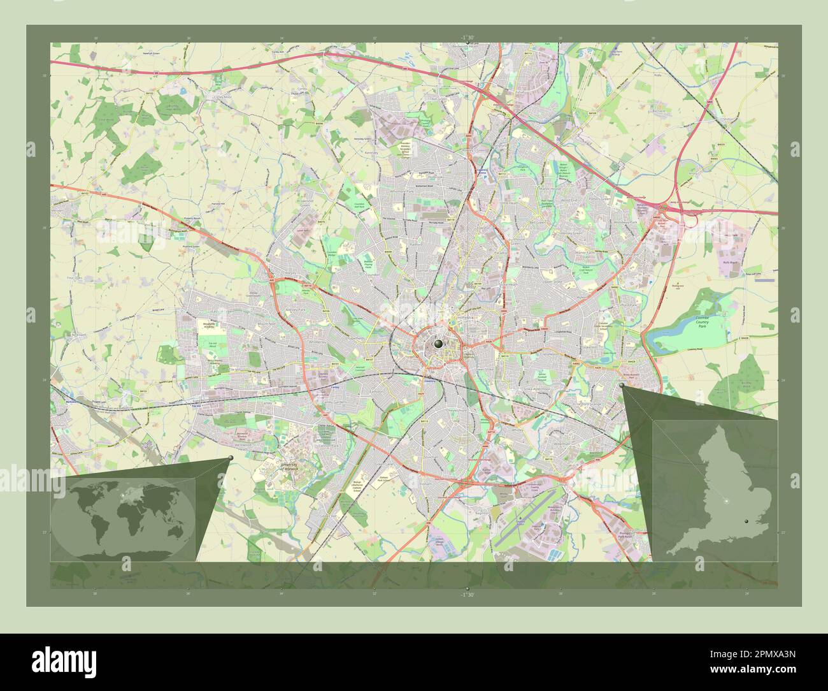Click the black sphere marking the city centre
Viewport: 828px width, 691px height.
438,344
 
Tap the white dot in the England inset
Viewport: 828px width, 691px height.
725,502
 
